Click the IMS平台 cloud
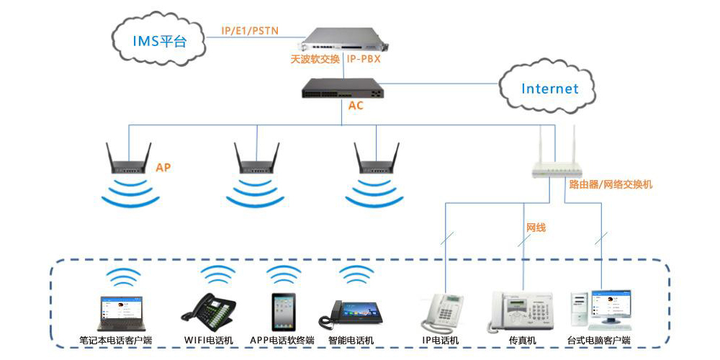[158, 40]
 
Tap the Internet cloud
[549, 89]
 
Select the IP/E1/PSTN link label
[250, 30]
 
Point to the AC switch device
[343, 86]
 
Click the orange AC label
[356, 106]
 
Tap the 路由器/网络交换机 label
[611, 184]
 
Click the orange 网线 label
[536, 228]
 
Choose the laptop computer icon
[120, 313]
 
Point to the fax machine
[520, 311]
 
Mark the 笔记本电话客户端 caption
[116, 340]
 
